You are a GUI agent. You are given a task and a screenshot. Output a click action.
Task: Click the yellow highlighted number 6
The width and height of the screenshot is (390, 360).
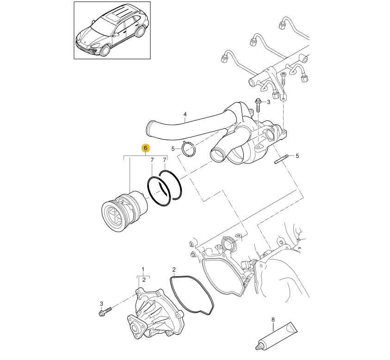[x=146, y=148]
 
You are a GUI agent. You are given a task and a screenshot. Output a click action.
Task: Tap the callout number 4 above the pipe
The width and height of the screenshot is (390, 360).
[x=185, y=114]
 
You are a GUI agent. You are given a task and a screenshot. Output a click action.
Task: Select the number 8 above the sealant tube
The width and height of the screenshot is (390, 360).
[x=273, y=319]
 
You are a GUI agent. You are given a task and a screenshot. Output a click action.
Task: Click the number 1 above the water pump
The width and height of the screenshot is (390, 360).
[x=143, y=269]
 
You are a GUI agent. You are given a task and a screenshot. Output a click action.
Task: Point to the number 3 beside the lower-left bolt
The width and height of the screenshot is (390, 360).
[x=101, y=304]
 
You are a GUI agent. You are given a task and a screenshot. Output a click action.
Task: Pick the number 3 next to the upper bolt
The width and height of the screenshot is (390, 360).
[x=268, y=102]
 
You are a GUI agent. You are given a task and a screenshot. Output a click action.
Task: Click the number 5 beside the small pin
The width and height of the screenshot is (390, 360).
[x=297, y=156]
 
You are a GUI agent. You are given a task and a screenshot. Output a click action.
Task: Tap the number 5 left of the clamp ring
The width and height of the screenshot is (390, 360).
[x=173, y=149]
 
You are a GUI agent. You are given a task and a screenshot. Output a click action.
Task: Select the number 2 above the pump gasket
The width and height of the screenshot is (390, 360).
[x=174, y=269]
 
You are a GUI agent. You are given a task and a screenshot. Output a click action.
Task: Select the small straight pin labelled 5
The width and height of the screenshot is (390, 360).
[x=281, y=159]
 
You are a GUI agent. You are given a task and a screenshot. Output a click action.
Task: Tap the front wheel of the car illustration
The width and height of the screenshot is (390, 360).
[x=105, y=50]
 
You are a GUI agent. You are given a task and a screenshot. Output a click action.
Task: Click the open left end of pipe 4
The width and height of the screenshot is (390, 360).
[x=149, y=127]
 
